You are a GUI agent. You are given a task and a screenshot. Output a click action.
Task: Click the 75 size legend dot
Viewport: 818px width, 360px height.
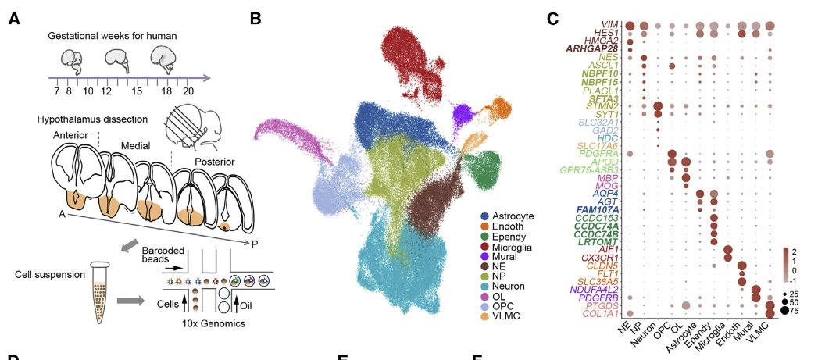point(784,309)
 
